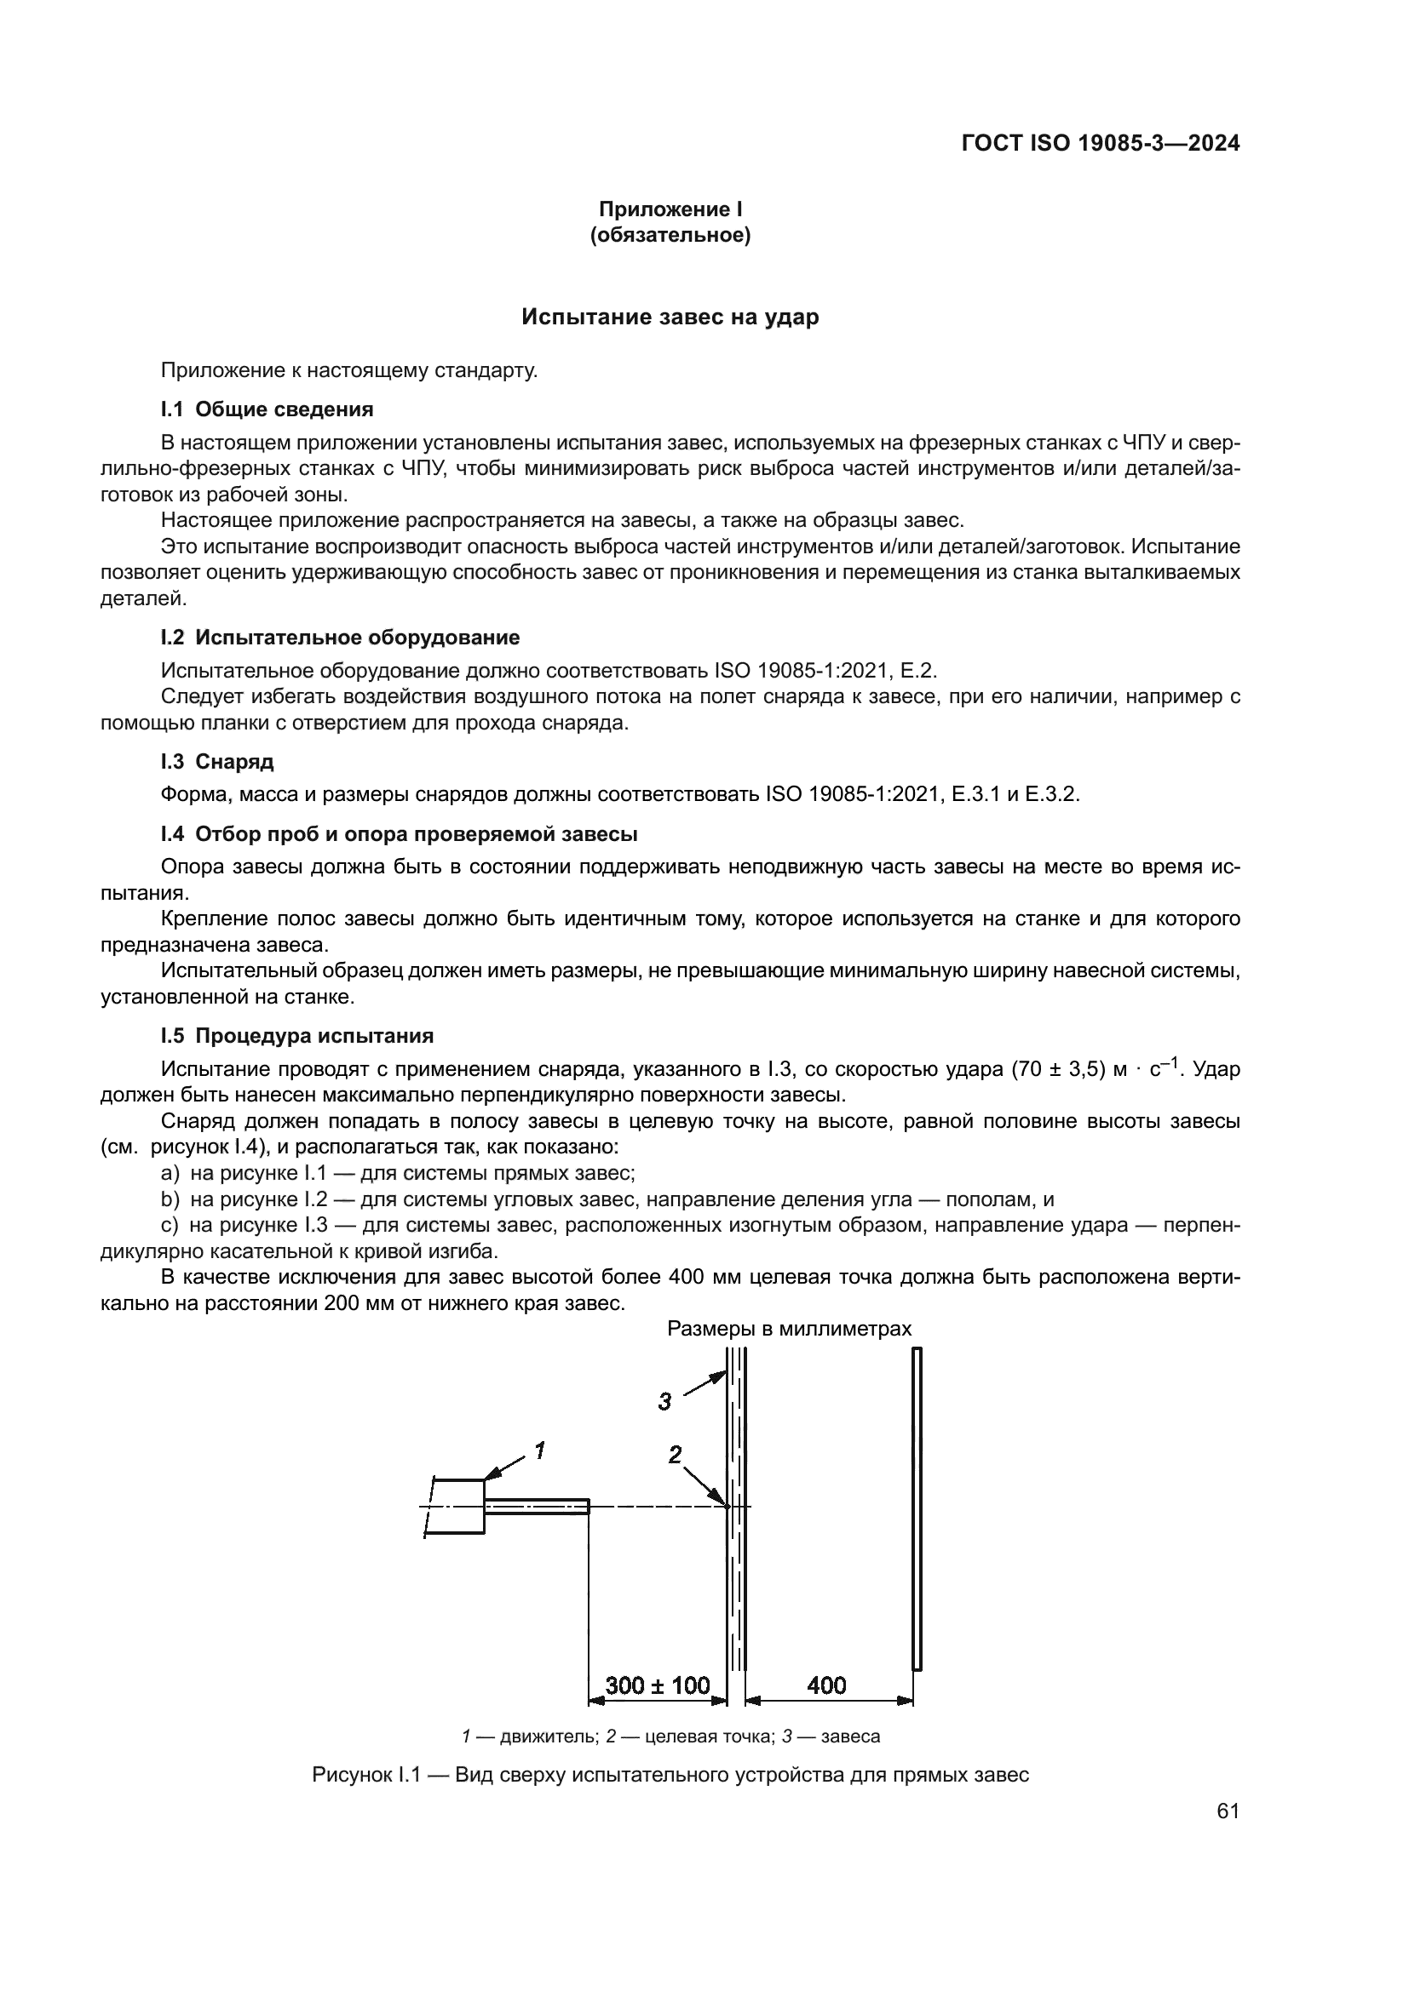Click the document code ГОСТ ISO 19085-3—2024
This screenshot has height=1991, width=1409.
tap(1100, 143)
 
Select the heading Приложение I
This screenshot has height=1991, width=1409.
tap(670, 209)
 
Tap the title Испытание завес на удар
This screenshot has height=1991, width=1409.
tap(670, 318)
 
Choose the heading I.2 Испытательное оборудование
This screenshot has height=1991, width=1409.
tap(340, 638)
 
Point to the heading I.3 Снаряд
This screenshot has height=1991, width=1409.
tap(217, 761)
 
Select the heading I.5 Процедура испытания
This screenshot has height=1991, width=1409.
tap(296, 1035)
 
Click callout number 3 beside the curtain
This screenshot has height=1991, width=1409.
tap(664, 1400)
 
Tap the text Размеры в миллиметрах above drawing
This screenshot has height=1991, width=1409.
tap(789, 1329)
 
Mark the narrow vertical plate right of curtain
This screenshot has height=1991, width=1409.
tap(917, 1508)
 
